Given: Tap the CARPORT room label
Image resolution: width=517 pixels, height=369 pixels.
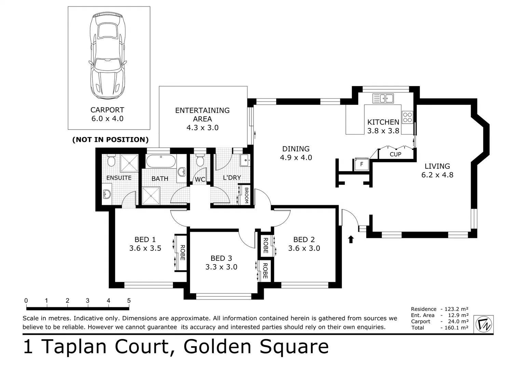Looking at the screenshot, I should [x=107, y=110].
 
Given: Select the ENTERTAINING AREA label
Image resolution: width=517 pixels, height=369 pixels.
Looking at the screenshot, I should [x=202, y=114].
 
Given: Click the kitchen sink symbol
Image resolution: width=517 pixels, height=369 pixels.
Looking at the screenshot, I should [x=383, y=98].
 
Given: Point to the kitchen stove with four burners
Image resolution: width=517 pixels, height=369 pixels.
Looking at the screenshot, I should [x=407, y=117].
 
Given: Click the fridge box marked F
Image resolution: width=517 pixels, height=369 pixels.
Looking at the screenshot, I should [x=362, y=164].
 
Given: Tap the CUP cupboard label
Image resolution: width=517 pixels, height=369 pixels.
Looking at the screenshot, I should [x=395, y=154].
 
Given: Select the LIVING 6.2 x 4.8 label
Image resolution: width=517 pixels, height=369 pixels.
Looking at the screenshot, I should [x=437, y=170].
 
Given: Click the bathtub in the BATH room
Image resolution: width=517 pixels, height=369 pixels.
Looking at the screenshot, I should [x=161, y=161].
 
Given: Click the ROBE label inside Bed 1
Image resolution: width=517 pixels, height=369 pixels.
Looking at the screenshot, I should [x=182, y=253].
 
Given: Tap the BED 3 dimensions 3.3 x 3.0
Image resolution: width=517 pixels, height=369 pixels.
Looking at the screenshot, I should [x=221, y=267].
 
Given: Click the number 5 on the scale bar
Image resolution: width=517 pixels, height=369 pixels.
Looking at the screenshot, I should [x=129, y=301].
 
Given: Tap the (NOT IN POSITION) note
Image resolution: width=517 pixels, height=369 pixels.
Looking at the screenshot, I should [x=110, y=139].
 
